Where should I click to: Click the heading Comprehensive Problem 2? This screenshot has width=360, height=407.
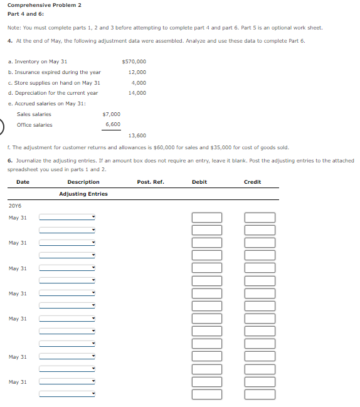point(44,5)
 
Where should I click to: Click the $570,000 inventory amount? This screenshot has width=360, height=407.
point(134,61)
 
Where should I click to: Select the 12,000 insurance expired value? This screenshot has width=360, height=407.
point(137,72)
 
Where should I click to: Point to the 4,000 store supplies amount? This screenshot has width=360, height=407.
point(139,83)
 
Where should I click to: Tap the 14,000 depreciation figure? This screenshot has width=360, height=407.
point(137,93)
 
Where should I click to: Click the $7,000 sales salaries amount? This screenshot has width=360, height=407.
point(111,114)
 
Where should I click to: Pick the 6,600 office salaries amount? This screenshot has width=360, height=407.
point(113,125)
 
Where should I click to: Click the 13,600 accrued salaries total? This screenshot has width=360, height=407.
point(137,135)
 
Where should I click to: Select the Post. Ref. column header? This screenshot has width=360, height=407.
point(151,182)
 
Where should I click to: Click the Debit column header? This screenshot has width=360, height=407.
point(199,182)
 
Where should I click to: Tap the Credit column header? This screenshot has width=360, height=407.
point(253,182)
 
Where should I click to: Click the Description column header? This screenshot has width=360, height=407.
point(83,182)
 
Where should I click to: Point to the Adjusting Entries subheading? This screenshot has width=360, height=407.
point(83,194)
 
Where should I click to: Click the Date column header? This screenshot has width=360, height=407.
point(23,182)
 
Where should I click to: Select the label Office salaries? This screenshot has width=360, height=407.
point(34,125)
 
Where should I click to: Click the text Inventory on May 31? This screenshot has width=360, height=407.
point(40,61)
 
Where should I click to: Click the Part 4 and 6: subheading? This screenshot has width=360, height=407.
point(26,13)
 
